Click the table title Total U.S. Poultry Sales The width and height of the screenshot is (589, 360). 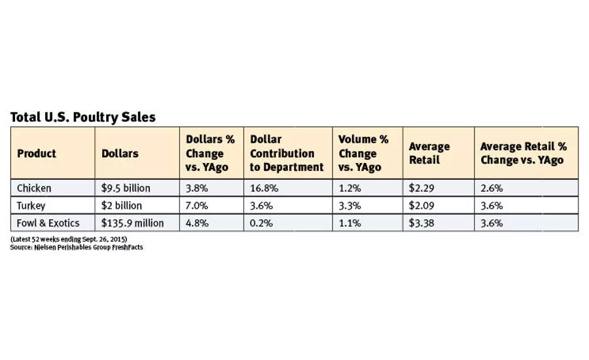coord(82,117)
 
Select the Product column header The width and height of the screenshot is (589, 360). coord(37,153)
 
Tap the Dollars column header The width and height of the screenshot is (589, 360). coord(120,153)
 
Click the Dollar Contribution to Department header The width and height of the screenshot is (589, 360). coord(287,153)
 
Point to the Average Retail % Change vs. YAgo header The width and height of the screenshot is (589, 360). coord(524,153)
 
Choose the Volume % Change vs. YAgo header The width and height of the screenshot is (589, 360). coord(363,153)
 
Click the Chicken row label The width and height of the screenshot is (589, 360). coord(34,188)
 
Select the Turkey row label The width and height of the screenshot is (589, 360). coord(31,206)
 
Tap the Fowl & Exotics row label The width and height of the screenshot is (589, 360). coord(48,223)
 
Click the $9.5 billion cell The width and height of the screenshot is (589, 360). coord(126,188)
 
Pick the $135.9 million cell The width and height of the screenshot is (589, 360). coord(132,223)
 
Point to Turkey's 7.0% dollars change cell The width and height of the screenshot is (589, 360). coord(196,206)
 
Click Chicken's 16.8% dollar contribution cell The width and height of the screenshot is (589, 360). coord(264,188)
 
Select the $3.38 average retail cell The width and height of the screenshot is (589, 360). coord(421,223)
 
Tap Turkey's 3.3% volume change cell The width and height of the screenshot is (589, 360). coord(349,206)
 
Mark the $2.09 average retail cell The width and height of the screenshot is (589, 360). coord(421,206)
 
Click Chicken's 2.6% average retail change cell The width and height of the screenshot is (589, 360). coord(491,188)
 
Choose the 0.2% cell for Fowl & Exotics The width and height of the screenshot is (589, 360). coord(261,223)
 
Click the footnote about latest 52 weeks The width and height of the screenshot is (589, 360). coord(69,239)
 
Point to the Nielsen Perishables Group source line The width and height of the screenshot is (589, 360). coord(77,247)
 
